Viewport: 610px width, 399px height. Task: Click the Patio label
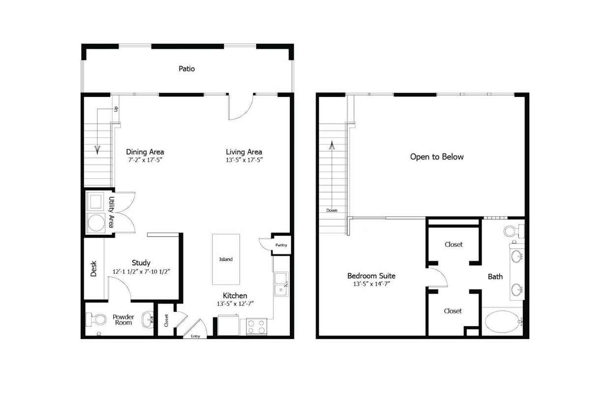click(x=186, y=69)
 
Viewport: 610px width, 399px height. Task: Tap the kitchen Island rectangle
click(x=226, y=259)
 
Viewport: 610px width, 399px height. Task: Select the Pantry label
click(x=281, y=245)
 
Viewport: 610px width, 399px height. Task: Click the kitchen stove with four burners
click(x=256, y=327)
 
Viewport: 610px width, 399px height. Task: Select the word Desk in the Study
click(x=94, y=268)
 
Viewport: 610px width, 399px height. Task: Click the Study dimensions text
click(x=141, y=271)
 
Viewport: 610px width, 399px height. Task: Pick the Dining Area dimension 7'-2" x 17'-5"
click(x=145, y=160)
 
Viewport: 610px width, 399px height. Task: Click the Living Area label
click(x=244, y=152)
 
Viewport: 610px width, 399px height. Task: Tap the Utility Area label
click(x=112, y=212)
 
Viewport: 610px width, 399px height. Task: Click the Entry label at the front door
click(x=195, y=336)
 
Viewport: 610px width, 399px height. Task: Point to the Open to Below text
click(x=437, y=157)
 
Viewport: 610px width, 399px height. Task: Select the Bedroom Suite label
click(x=371, y=276)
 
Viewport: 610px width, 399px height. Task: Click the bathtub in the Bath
click(x=502, y=322)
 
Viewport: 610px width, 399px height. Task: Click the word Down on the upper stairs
click(x=332, y=210)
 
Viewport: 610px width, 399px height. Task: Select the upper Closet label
click(x=453, y=244)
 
